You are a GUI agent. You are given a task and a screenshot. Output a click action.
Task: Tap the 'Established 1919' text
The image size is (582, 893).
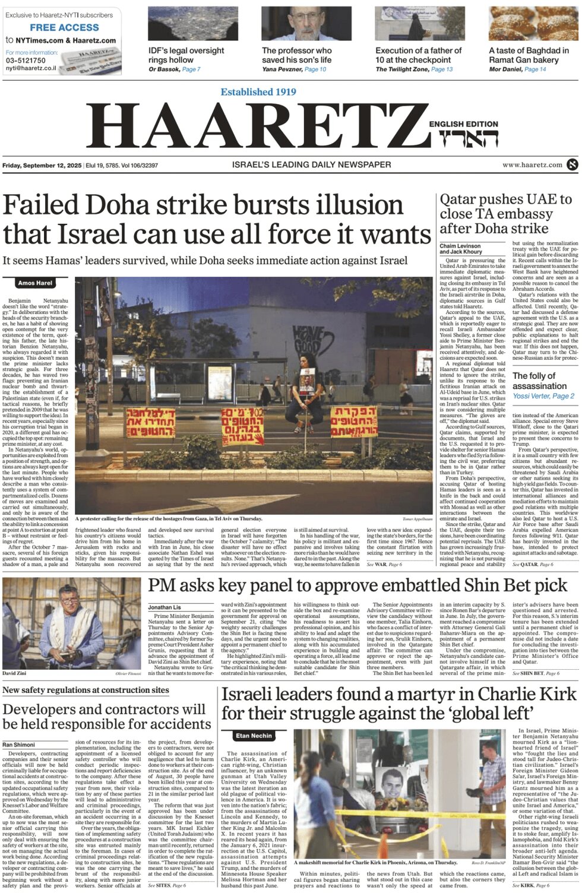click(x=258, y=92)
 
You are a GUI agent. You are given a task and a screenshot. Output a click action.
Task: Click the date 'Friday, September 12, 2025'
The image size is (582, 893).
click(x=42, y=165)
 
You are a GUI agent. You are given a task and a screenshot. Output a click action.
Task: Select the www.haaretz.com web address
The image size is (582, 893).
click(x=532, y=165)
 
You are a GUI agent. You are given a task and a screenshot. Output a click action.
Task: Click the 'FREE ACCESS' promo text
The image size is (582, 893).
click(x=64, y=27)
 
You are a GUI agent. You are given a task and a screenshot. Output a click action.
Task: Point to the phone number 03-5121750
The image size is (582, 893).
click(x=26, y=61)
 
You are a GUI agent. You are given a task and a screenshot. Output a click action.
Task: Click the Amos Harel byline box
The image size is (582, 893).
click(x=35, y=283)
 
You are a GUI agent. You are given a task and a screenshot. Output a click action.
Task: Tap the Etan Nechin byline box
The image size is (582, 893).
click(x=254, y=736)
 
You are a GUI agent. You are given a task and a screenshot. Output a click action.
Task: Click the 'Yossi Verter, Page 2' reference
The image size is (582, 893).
click(x=543, y=396)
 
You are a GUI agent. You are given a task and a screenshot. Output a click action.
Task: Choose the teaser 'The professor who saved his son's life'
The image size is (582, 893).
click(x=296, y=55)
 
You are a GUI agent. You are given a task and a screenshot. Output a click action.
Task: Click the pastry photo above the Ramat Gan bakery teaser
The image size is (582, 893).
click(x=533, y=24)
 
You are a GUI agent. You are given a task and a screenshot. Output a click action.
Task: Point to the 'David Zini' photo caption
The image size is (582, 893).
click(x=14, y=673)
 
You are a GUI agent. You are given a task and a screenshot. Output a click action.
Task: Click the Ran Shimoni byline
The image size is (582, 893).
click(x=18, y=745)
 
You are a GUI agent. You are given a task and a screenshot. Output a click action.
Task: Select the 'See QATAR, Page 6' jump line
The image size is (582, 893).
click(x=533, y=565)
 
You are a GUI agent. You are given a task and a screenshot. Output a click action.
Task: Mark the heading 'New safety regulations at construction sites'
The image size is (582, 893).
click(x=86, y=690)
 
